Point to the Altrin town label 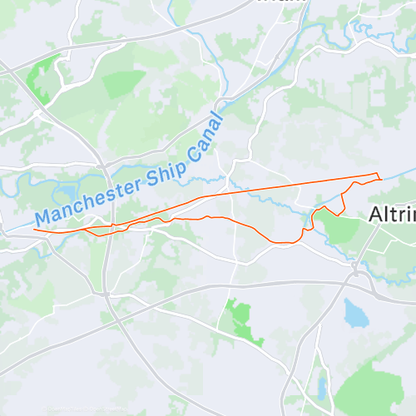(392, 214)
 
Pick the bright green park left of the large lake (239, 319)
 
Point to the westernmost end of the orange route (34, 229)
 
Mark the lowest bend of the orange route (283, 243)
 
